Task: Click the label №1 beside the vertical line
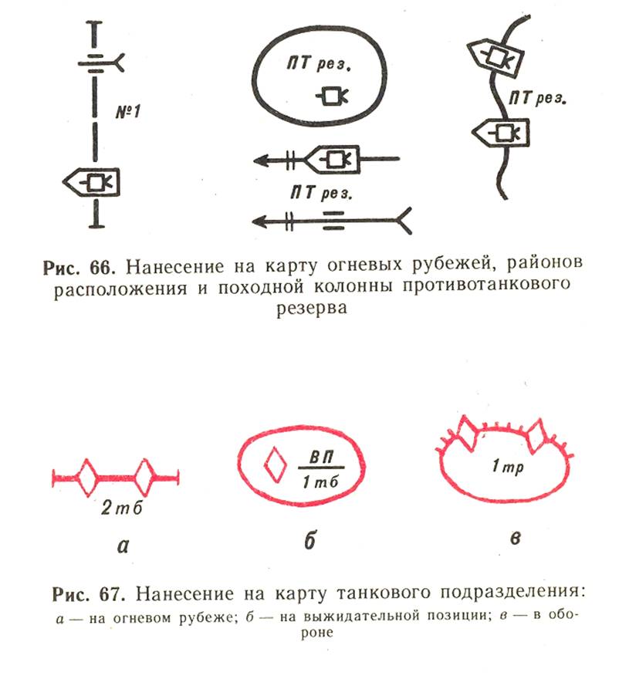pos(128,111)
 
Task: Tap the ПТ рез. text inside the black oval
pos(319,63)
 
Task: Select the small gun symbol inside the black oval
pos(332,96)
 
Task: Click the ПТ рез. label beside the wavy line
pos(537,98)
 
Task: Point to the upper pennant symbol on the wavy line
pos(495,58)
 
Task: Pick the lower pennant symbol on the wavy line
pos(500,132)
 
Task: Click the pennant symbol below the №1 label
pos(92,182)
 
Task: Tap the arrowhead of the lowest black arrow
pos(260,221)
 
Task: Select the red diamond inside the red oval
pos(276,465)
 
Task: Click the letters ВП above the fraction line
pos(321,457)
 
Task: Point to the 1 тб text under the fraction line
pos(320,481)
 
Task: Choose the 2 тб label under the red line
pos(122,507)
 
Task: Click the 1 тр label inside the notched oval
pos(508,467)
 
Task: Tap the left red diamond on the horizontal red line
pos(87,478)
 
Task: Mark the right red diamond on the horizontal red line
pos(144,478)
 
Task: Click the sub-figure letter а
pos(123,546)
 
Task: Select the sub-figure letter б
pos(310,540)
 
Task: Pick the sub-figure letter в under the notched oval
pos(515,538)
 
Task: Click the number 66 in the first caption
pos(102,267)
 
